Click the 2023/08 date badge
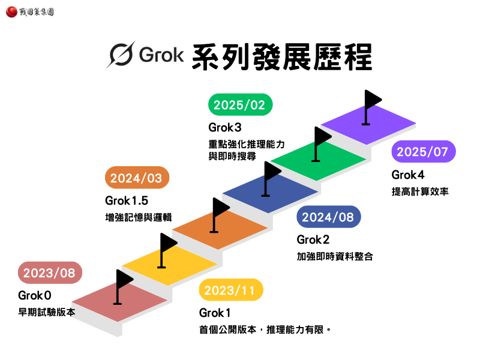click(x=49, y=273)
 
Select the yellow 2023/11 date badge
click(x=230, y=291)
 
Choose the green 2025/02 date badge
click(x=239, y=105)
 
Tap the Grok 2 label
click(x=313, y=240)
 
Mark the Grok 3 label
click(x=226, y=127)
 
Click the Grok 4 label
click(x=408, y=175)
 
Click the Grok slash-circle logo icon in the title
click(x=121, y=55)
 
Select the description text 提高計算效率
click(x=420, y=192)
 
